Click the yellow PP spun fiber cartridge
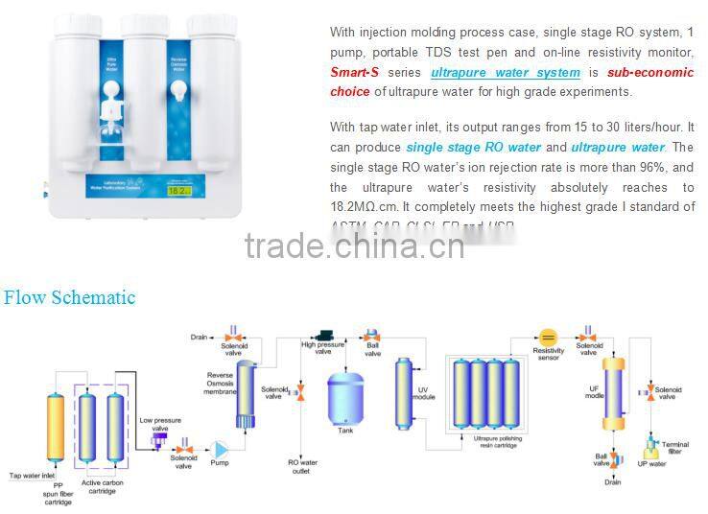pos(56,429)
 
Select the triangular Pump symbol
pos(221,449)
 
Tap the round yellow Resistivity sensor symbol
pos(548,338)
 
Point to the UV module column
pos(404,394)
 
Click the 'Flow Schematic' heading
pos(69,297)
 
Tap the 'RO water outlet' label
pos(303,465)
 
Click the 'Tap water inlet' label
pos(34,475)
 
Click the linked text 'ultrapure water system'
pos(506,73)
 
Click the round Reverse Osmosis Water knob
pos(177,89)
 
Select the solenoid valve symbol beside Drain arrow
pos(231,337)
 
